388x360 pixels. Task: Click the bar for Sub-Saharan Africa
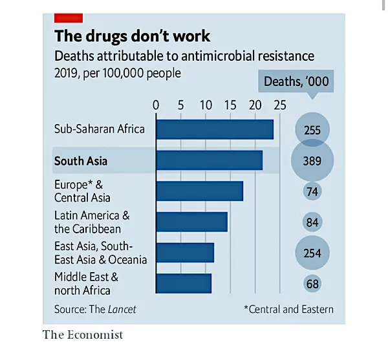[x=215, y=129]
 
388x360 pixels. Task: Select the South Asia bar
[x=209, y=160]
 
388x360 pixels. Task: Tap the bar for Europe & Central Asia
[x=199, y=191]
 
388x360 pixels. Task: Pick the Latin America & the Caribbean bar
[x=191, y=222]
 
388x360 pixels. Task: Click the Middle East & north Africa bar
[x=184, y=283]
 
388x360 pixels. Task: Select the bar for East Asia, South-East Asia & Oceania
[x=185, y=253]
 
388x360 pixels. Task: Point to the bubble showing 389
[x=312, y=161]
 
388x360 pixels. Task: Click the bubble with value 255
[x=312, y=130]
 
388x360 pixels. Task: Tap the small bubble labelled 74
[x=312, y=191]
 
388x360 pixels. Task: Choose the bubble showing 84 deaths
[x=312, y=222]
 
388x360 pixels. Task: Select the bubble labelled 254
[x=312, y=253]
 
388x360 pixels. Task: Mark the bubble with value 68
[x=312, y=284]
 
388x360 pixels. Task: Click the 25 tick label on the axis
[x=279, y=105]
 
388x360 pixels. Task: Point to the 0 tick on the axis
[x=156, y=105]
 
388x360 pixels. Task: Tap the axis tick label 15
[x=230, y=105]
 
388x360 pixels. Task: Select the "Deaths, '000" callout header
[x=296, y=81]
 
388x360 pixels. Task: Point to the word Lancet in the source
[x=122, y=309]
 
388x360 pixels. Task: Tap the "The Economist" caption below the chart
[x=82, y=335]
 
